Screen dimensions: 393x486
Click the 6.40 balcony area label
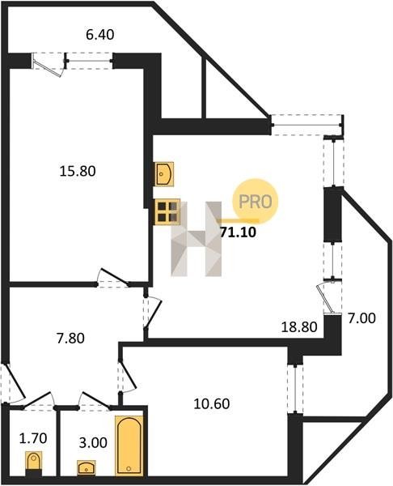tap(100, 34)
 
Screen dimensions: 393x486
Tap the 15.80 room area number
tap(78, 171)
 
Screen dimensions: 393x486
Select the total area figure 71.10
tap(238, 232)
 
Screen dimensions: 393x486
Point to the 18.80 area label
tap(299, 327)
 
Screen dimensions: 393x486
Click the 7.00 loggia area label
tap(361, 318)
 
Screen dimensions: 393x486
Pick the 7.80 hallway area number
tap(70, 338)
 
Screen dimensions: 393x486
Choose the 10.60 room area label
tap(212, 404)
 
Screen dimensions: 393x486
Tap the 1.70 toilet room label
tap(33, 438)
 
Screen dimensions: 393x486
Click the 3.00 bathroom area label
tap(93, 443)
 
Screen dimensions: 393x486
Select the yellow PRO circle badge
tap(256, 202)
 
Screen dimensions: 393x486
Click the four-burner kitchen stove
tap(167, 211)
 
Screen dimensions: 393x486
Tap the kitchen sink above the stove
tap(163, 174)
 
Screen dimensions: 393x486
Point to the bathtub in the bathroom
tap(129, 446)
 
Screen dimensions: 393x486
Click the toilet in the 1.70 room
tap(34, 463)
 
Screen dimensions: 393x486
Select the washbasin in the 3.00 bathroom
tap(87, 467)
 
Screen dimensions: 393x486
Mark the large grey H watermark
tap(196, 239)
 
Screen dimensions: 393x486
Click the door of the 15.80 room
tap(113, 277)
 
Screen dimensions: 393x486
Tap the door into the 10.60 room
tap(127, 376)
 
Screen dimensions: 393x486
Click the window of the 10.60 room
tap(295, 388)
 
